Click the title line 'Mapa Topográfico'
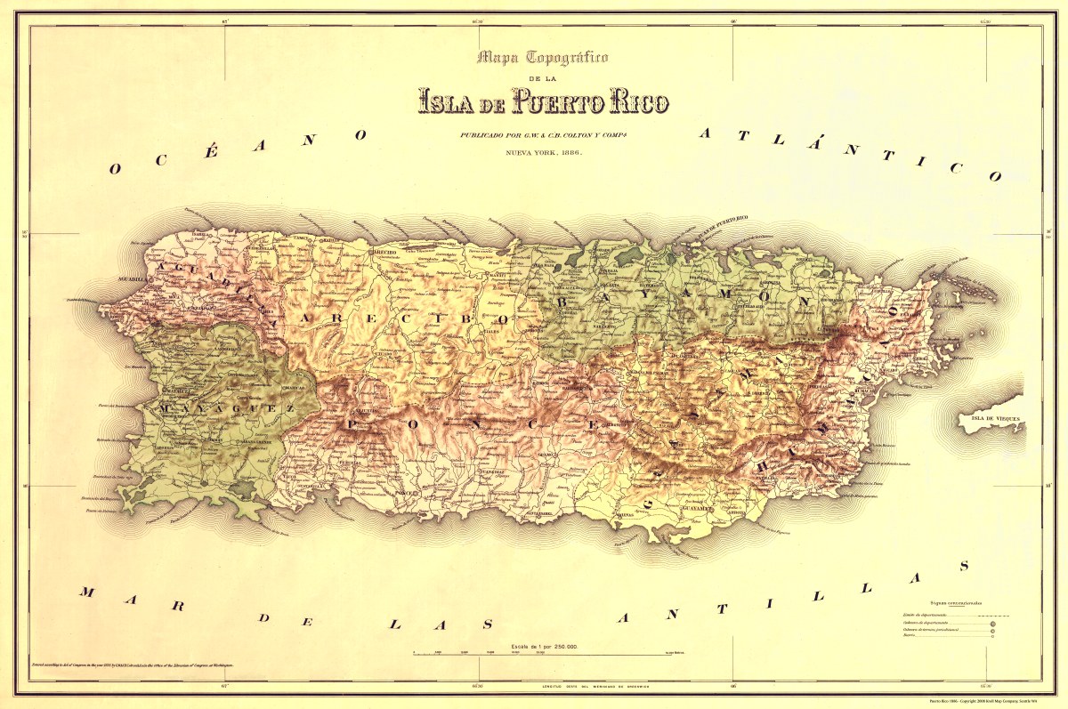pyautogui.click(x=542, y=59)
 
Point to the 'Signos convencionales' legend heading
pyautogui.click(x=958, y=604)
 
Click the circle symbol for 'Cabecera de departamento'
pyautogui.click(x=991, y=624)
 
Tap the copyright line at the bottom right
pyautogui.click(x=987, y=701)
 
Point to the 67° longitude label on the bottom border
pyautogui.click(x=225, y=686)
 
